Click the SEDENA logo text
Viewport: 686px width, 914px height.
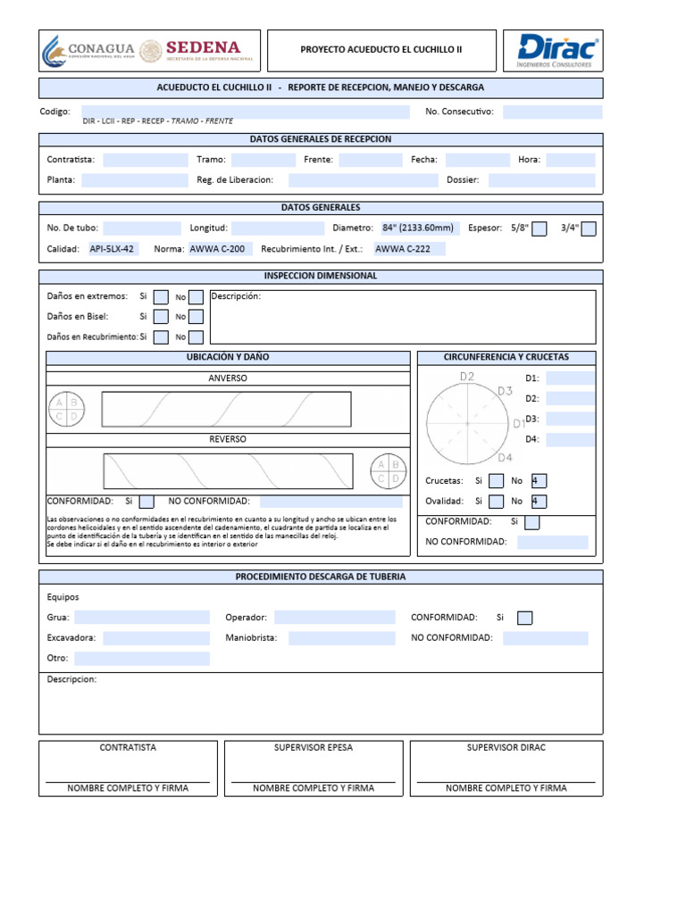[203, 47]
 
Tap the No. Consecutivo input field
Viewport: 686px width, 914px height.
[552, 112]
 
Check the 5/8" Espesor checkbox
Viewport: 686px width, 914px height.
[540, 228]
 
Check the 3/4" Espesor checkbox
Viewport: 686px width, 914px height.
[589, 228]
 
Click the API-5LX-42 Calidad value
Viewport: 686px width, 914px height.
[113, 249]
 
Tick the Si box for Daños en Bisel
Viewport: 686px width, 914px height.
[161, 317]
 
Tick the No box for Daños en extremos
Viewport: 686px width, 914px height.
[196, 297]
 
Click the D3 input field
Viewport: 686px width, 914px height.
[571, 419]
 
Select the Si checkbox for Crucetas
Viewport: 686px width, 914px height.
[497, 481]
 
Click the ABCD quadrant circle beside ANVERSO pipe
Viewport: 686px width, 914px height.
[67, 409]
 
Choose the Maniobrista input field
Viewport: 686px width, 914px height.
[341, 638]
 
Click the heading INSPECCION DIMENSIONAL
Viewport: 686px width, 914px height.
[321, 276]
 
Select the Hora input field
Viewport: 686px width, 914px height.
[571, 160]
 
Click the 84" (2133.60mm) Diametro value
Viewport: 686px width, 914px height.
[417, 228]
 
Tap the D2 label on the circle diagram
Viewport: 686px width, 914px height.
[467, 376]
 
